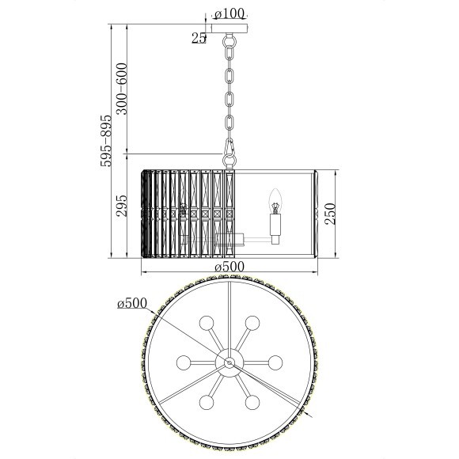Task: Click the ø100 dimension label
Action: click(230, 13)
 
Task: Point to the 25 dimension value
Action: click(199, 36)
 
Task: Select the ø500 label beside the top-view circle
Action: click(131, 303)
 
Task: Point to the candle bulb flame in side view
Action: click(276, 197)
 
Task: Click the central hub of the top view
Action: click(229, 362)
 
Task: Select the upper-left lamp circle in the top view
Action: click(207, 323)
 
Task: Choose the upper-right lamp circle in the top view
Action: click(252, 323)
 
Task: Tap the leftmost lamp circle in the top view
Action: click(184, 362)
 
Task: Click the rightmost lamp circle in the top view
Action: click(275, 362)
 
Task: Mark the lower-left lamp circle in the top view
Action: click(207, 401)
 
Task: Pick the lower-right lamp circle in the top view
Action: click(252, 401)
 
